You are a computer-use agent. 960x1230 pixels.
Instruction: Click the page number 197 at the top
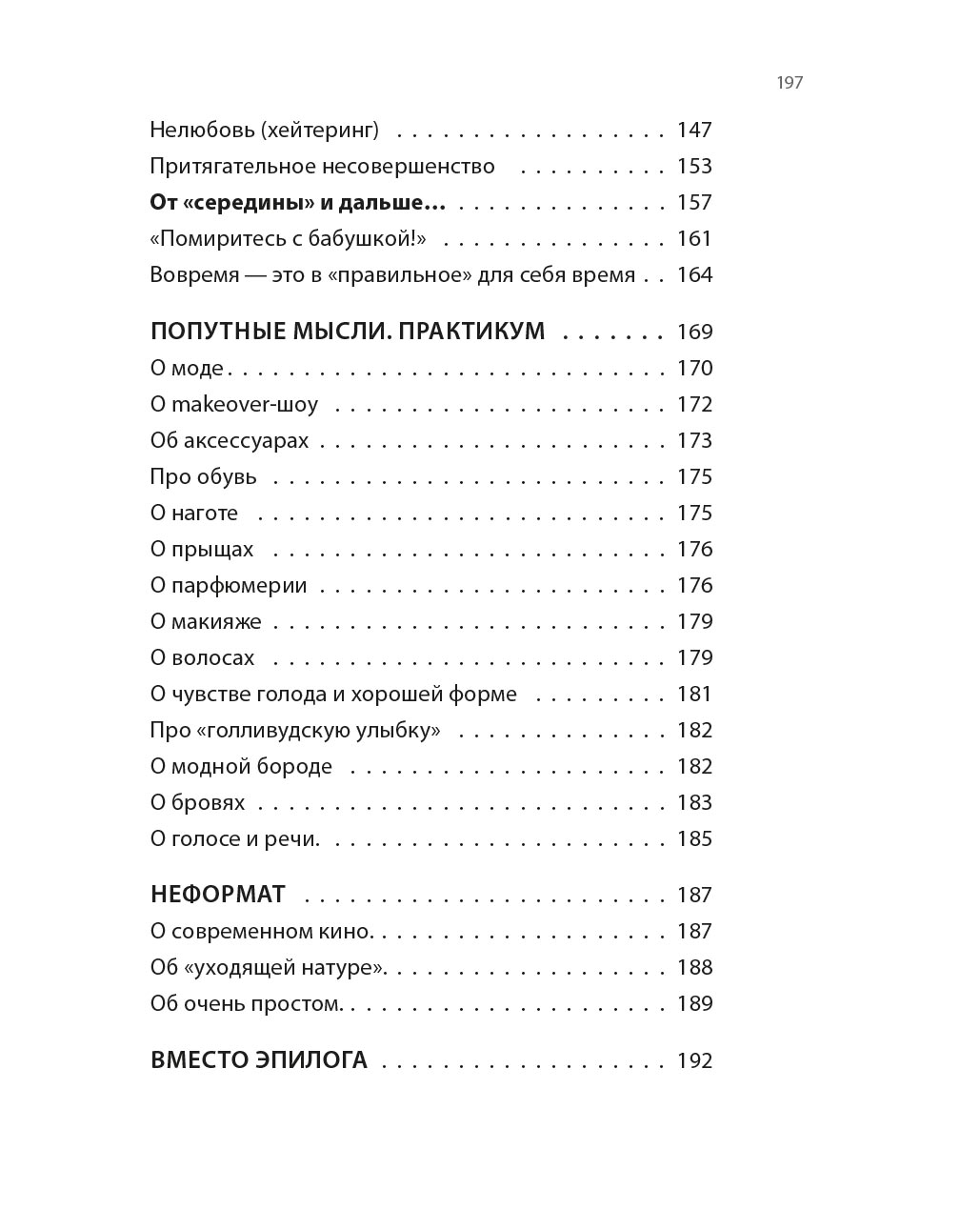(x=790, y=83)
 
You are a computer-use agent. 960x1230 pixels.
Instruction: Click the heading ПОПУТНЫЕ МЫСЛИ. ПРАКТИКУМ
(x=348, y=332)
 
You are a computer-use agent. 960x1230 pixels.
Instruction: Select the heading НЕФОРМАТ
(x=218, y=895)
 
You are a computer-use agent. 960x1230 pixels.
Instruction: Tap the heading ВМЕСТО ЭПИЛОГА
(x=258, y=1060)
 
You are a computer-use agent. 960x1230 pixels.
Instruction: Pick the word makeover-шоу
(x=245, y=404)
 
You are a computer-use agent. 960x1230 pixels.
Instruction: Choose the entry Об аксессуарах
(x=230, y=440)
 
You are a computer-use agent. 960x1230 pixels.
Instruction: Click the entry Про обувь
(x=203, y=476)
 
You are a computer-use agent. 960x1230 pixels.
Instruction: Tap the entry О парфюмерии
(x=229, y=585)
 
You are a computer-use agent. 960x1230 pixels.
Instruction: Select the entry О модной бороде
(x=241, y=766)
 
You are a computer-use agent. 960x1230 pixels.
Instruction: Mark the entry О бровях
(x=197, y=802)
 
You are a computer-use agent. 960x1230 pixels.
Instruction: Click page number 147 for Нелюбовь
(x=694, y=130)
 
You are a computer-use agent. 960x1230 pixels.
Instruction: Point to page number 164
(x=694, y=274)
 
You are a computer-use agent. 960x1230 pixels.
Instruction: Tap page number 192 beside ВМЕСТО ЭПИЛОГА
(x=694, y=1060)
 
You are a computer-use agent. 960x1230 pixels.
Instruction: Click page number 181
(x=694, y=694)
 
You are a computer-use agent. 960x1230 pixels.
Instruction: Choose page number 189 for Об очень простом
(x=694, y=1003)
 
